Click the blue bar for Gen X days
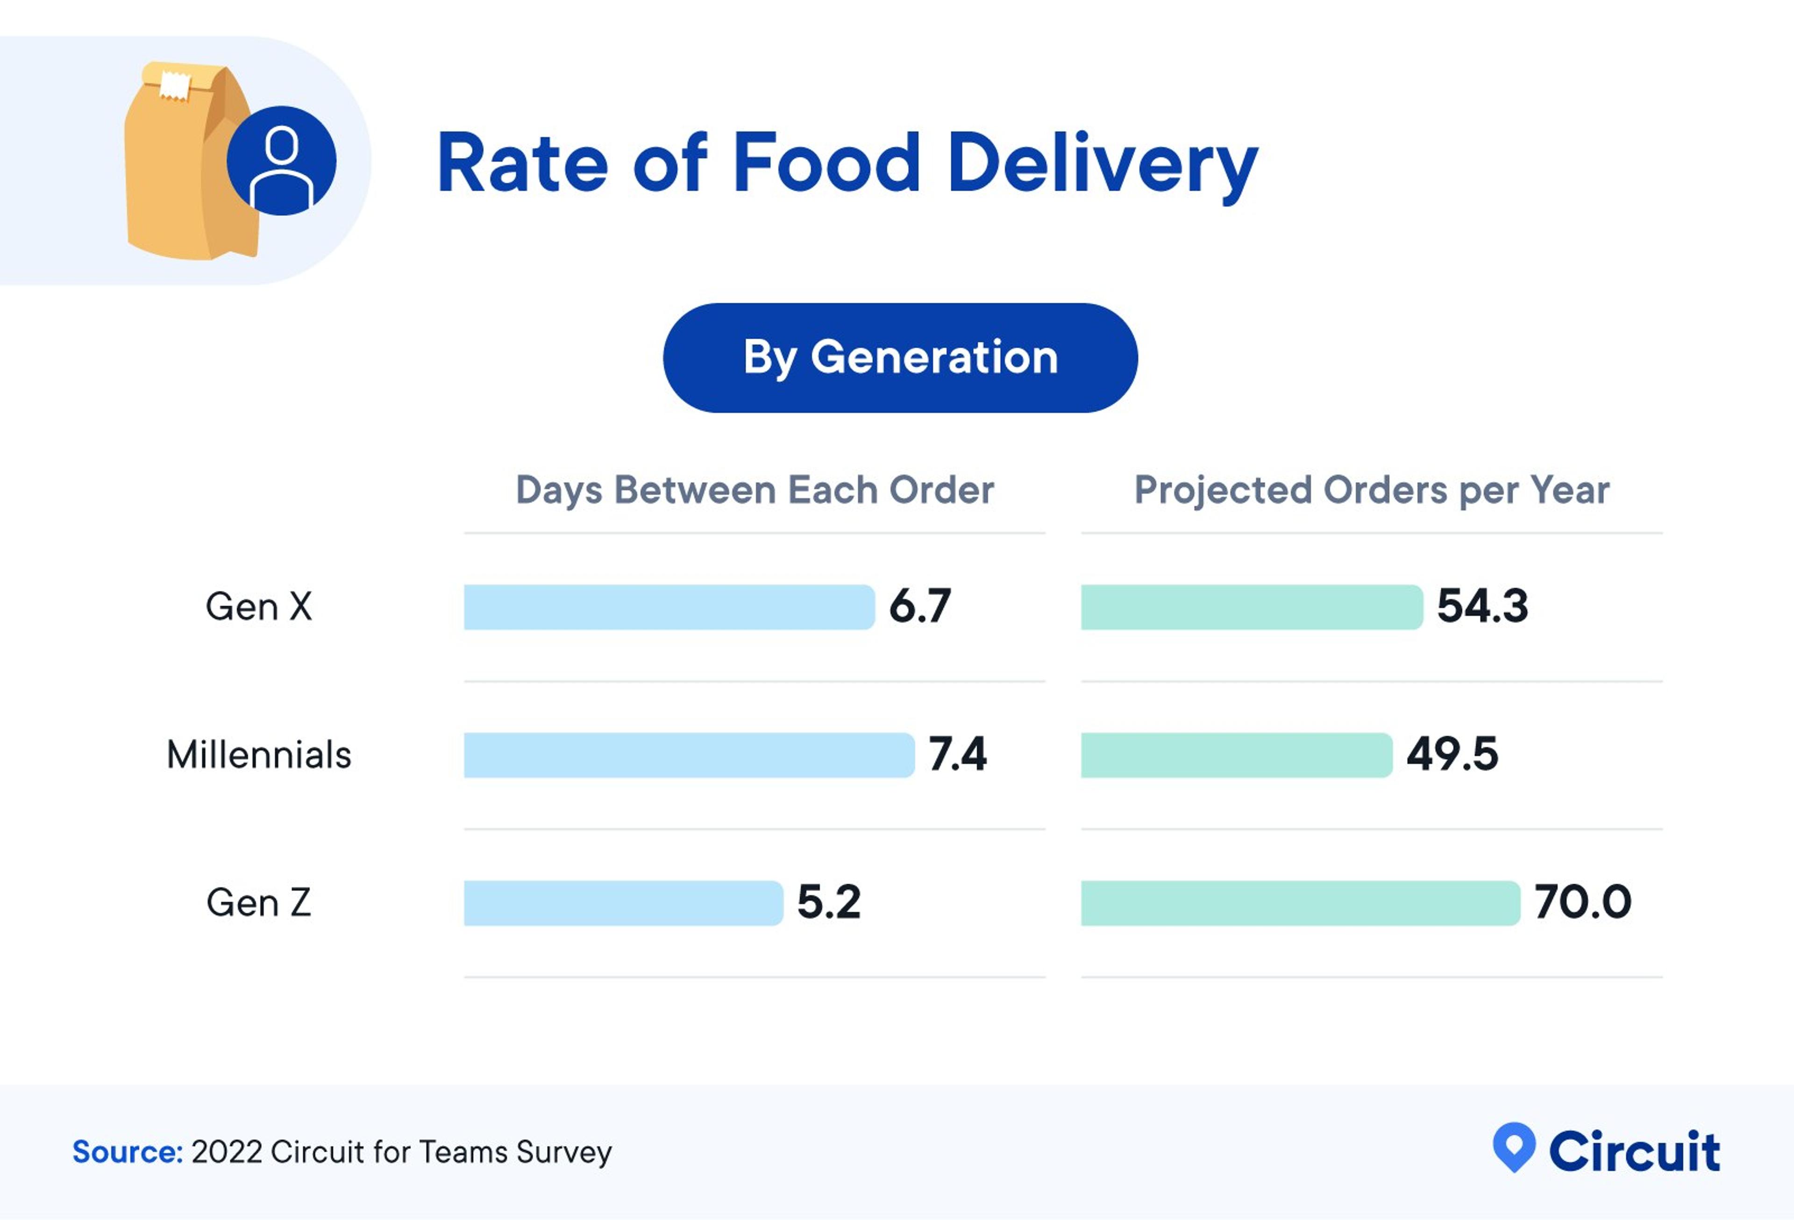(669, 607)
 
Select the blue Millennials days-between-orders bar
(689, 755)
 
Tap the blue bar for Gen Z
(623, 903)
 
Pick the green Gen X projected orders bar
(1251, 607)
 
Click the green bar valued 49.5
(1236, 755)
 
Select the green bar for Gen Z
(1300, 903)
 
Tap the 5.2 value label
(828, 902)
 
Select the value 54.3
(1482, 606)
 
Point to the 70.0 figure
(1582, 902)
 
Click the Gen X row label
(259, 607)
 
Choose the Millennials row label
(259, 755)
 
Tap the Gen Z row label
(259, 903)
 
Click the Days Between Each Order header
(754, 490)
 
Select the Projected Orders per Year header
(1372, 490)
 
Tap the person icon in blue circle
(282, 161)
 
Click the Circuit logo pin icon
(1514, 1147)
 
